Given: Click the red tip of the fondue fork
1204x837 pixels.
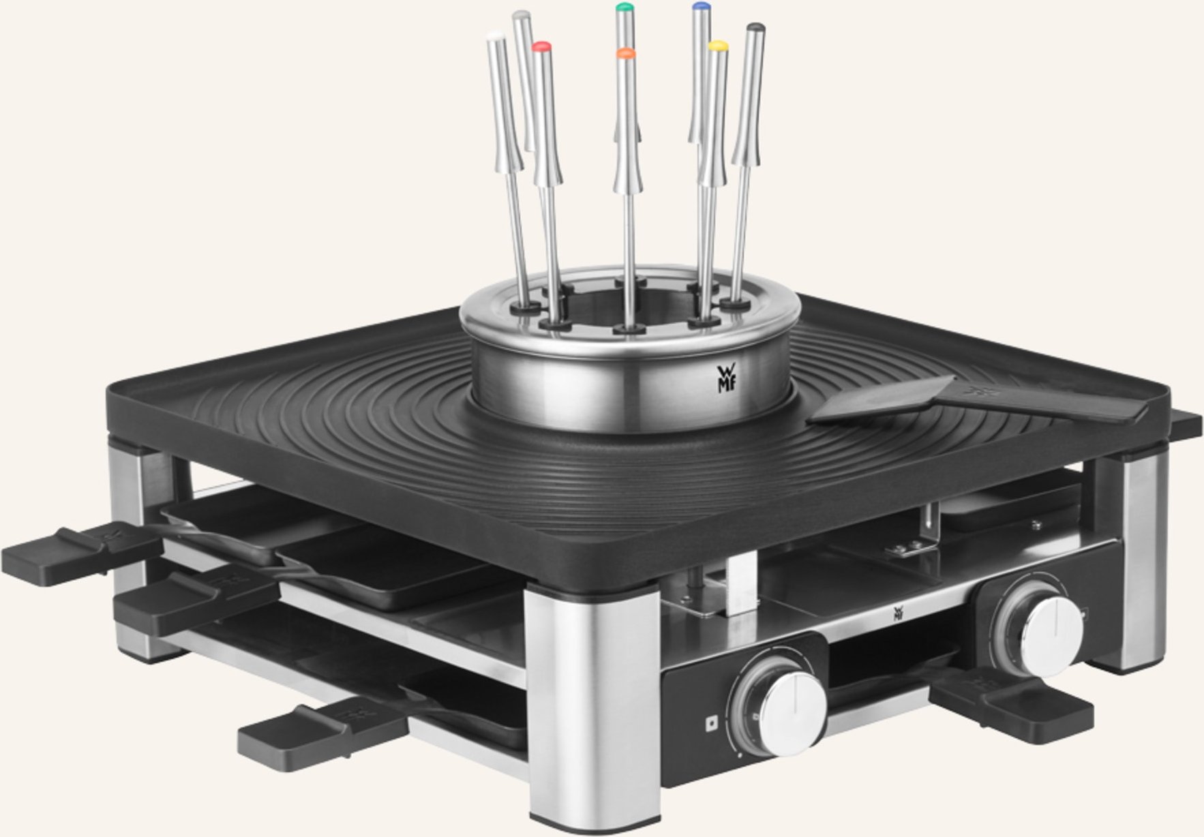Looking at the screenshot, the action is (x=541, y=47).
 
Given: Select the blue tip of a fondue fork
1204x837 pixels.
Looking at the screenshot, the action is (x=699, y=7).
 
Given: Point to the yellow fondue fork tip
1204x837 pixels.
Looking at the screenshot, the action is (x=717, y=46).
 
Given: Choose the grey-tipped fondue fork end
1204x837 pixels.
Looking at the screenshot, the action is (x=522, y=14).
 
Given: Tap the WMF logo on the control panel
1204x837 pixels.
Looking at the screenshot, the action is (x=899, y=613).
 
